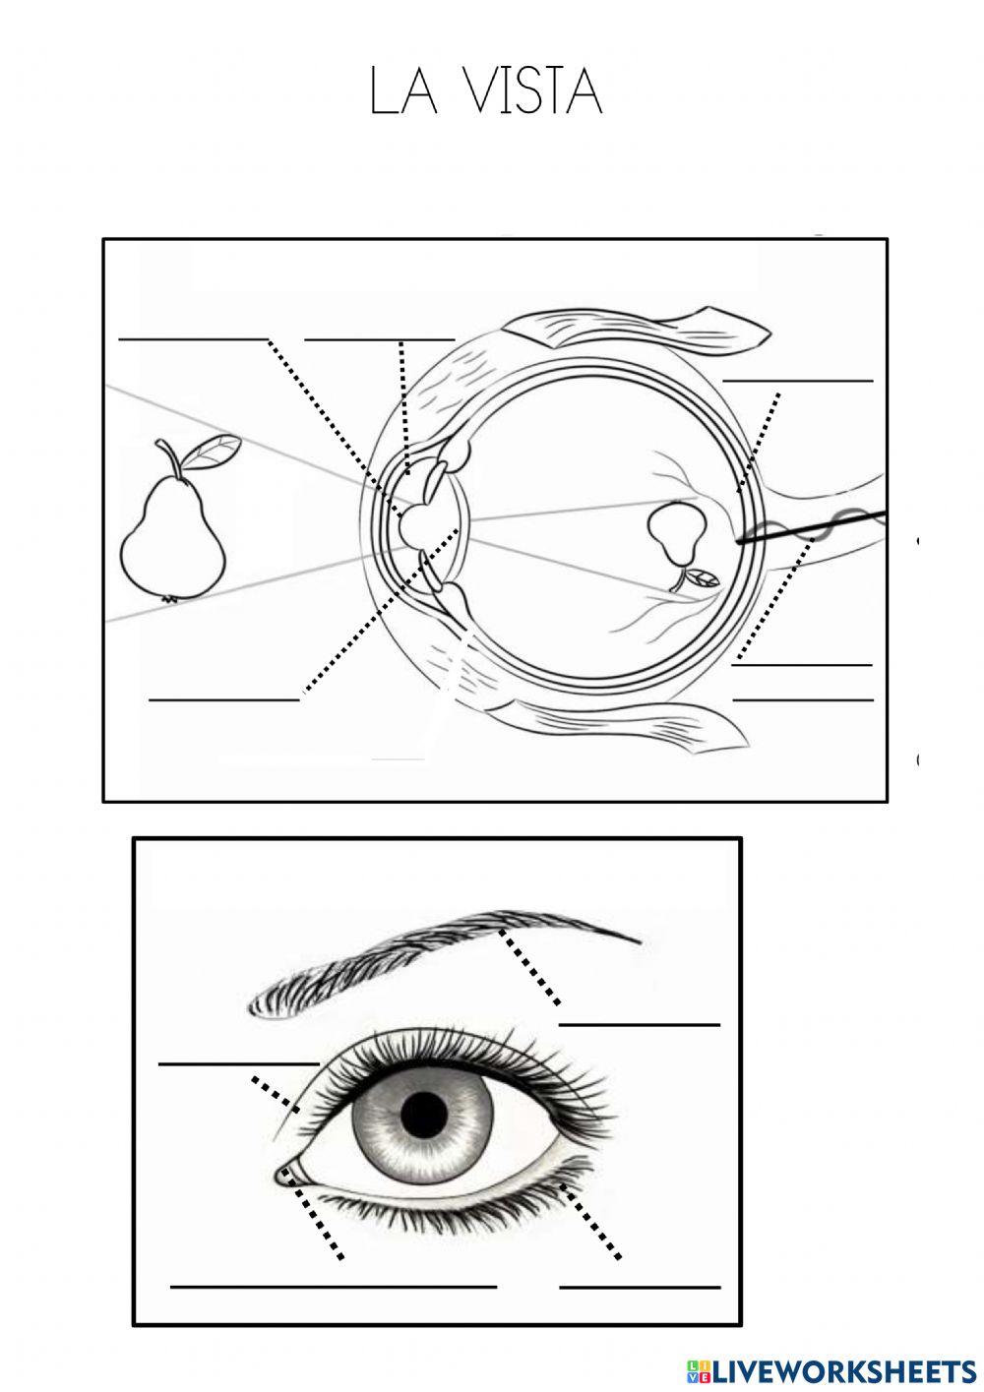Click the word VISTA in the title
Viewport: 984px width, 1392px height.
click(535, 91)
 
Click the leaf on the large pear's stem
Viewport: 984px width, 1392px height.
click(214, 452)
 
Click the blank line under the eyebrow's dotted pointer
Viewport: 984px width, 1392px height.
click(639, 1025)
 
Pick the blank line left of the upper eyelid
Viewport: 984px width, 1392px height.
click(239, 1064)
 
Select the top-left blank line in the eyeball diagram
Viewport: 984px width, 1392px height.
click(193, 339)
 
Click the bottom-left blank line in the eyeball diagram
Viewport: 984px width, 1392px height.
click(224, 699)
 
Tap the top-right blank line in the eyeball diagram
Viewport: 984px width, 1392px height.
click(798, 381)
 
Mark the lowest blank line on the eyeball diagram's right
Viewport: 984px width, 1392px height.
click(803, 699)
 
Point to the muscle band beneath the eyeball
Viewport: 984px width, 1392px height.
click(628, 724)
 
